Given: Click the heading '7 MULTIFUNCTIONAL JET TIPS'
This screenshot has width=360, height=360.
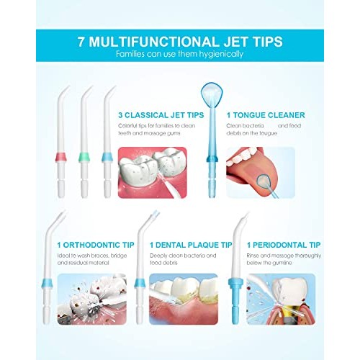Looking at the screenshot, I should pos(180,40).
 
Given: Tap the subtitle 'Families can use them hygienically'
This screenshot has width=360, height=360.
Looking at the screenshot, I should pos(180,54).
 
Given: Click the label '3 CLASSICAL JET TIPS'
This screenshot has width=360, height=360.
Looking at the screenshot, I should pos(161,114).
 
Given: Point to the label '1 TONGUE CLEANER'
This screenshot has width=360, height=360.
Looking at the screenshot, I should pos(266,114).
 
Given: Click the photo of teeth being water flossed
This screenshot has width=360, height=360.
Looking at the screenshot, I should pos(153,171).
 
